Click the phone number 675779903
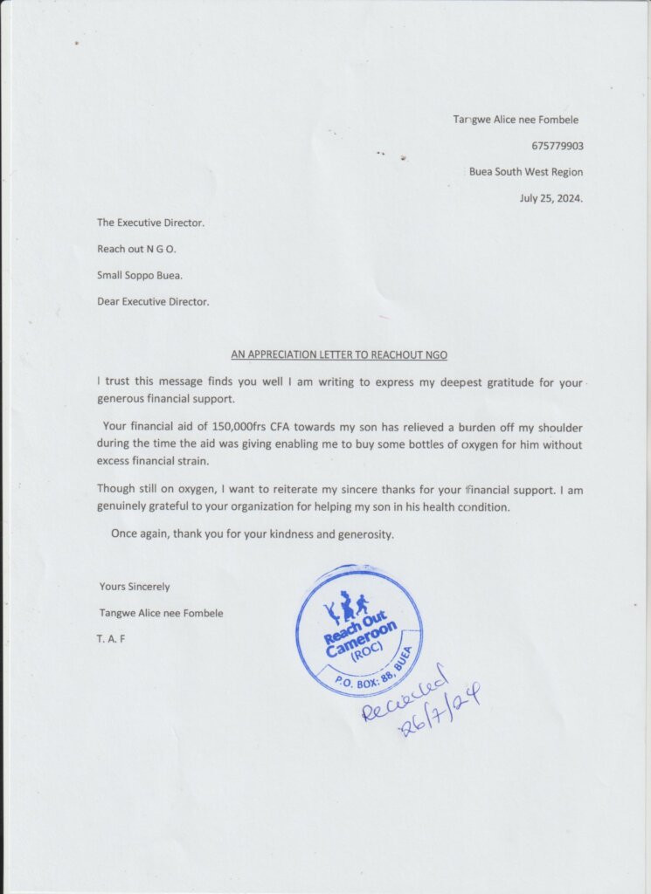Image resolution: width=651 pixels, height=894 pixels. (558, 146)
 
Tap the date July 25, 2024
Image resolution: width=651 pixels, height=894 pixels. (551, 198)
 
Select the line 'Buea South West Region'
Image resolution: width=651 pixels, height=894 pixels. (526, 172)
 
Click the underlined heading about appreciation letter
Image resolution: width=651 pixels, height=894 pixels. (339, 354)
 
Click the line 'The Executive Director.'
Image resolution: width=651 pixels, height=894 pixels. (150, 223)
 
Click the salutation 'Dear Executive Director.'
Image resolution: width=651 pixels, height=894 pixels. (153, 302)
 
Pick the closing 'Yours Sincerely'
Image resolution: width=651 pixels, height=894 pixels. (135, 587)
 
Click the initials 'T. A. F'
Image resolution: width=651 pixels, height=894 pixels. (112, 639)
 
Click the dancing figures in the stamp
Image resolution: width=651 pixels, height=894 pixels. (346, 606)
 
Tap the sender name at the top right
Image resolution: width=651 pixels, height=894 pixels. (516, 120)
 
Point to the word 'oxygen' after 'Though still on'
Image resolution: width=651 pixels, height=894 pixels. (183, 490)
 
